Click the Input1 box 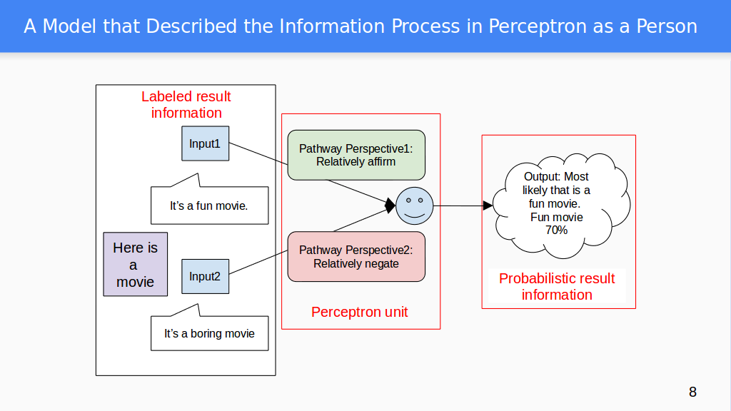pos(205,144)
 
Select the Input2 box pos(205,276)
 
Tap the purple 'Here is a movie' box pos(135,264)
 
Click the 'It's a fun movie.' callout pos(209,205)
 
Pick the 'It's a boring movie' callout pos(209,333)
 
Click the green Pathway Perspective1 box pos(356,155)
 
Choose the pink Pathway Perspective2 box pos(356,257)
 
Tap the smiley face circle pos(414,205)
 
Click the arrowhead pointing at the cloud pos(488,205)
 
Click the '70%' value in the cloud pos(556,230)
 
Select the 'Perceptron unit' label pos(360,312)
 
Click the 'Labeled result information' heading pos(186,105)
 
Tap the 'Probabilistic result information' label pos(557,287)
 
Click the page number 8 pos(692,392)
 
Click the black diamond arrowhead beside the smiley pos(390,205)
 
